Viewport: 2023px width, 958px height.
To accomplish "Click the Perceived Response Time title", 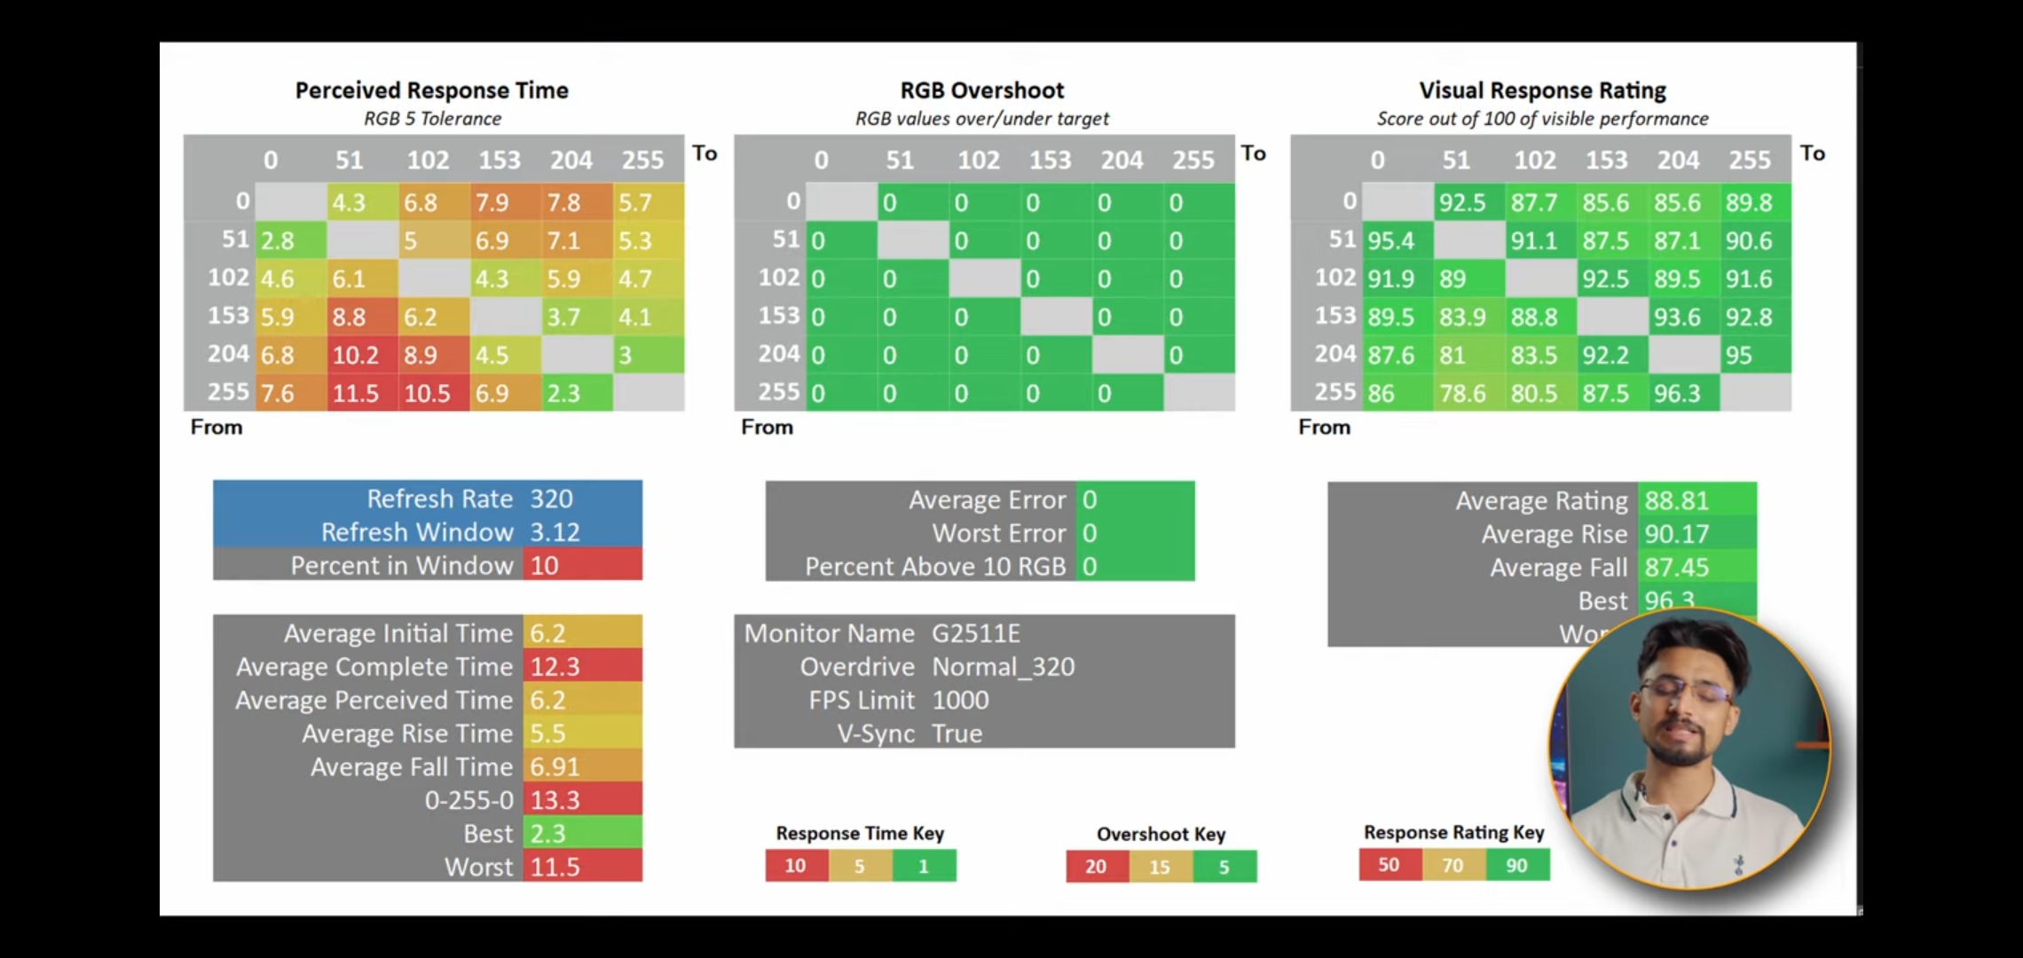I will [431, 90].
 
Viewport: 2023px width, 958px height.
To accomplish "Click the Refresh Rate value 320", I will [551, 499].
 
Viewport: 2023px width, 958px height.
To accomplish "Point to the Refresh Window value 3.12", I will [555, 532].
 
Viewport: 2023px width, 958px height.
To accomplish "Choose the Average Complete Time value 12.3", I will [555, 666].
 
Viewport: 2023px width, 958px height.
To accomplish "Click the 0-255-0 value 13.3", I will [555, 800].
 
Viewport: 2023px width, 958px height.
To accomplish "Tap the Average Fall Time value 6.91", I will [555, 766].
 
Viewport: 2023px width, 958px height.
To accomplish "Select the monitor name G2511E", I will [975, 633].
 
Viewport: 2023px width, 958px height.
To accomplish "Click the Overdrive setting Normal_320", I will [1003, 666].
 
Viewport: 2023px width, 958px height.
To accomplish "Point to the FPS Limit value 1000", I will [960, 700].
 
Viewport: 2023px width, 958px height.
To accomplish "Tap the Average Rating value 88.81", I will [1676, 500].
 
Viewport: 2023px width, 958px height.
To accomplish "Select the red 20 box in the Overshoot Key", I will [1097, 867].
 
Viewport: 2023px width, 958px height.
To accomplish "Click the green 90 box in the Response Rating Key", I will [1517, 865].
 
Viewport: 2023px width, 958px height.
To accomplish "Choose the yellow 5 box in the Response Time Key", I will [860, 866].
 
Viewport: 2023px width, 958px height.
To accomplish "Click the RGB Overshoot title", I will [981, 90].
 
